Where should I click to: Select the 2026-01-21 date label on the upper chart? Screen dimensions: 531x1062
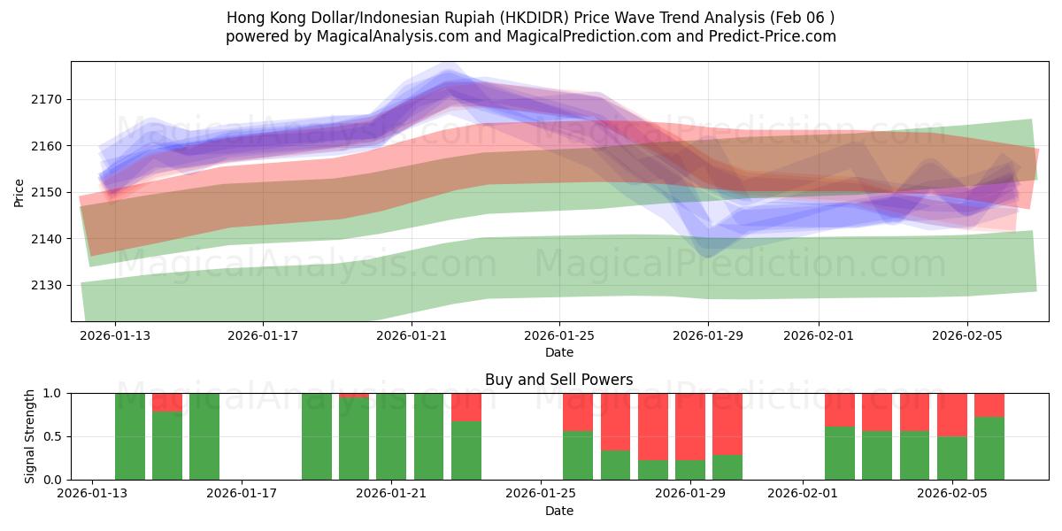pyautogui.click(x=411, y=335)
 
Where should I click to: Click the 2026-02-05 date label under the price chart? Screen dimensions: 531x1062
pyautogui.click(x=966, y=335)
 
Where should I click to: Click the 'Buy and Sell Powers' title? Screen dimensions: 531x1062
pyautogui.click(x=558, y=380)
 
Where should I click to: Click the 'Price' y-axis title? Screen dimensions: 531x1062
pyautogui.click(x=19, y=191)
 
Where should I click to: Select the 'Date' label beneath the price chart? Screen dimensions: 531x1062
pyautogui.click(x=558, y=352)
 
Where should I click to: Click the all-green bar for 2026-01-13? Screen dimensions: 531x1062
pyautogui.click(x=130, y=436)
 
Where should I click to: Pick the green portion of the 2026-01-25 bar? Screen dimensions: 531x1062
pyautogui.click(x=578, y=456)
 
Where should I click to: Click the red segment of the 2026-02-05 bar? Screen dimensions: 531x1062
pyautogui.click(x=952, y=414)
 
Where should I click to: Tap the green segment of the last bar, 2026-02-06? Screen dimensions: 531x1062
pyautogui.click(x=989, y=449)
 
